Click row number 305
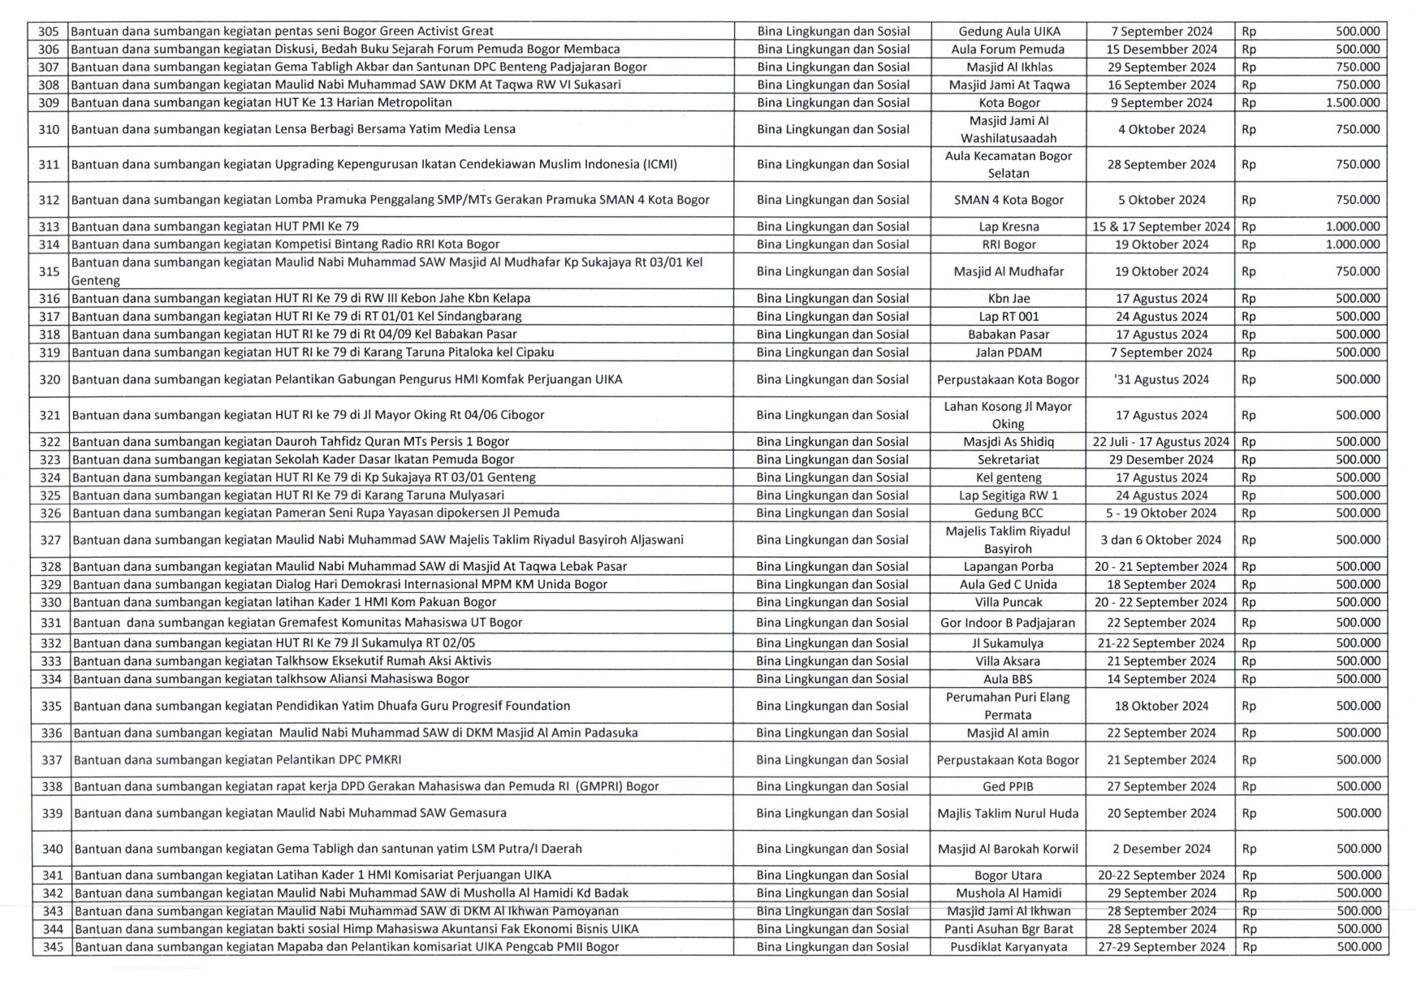pyautogui.click(x=49, y=32)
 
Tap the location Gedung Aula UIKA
pyautogui.click(x=1009, y=32)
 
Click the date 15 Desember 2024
pyautogui.click(x=1161, y=50)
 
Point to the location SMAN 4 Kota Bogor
pyautogui.click(x=1009, y=200)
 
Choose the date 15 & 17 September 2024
pyautogui.click(x=1161, y=227)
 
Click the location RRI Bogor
pyautogui.click(x=1009, y=244)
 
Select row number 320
pyautogui.click(x=50, y=379)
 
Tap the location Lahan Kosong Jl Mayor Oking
pyautogui.click(x=1008, y=415)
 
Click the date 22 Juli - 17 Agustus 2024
pyautogui.click(x=1161, y=442)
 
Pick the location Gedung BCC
pyautogui.click(x=1009, y=513)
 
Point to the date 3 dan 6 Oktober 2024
pyautogui.click(x=1161, y=540)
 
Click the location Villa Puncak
pyautogui.click(x=1009, y=603)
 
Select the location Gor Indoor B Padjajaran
pyautogui.click(x=1008, y=623)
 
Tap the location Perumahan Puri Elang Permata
pyautogui.click(x=1008, y=706)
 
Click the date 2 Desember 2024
pyautogui.click(x=1161, y=849)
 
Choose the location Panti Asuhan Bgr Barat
pyautogui.click(x=1009, y=929)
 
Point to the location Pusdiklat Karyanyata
pyautogui.click(x=1009, y=947)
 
